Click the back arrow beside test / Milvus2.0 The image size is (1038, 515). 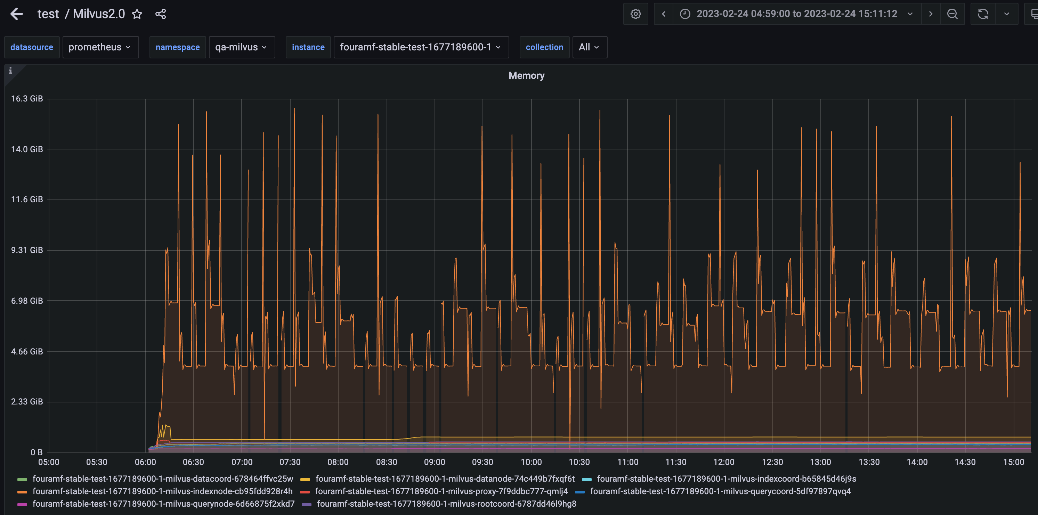click(17, 14)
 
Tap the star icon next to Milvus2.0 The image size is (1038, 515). click(137, 14)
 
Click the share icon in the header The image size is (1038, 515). click(160, 14)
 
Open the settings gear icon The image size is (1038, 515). click(635, 14)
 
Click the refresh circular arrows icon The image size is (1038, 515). click(982, 14)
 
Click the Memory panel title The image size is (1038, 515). click(526, 76)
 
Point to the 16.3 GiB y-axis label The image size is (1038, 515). click(27, 99)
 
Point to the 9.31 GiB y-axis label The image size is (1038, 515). click(27, 250)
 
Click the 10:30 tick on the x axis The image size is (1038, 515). click(579, 462)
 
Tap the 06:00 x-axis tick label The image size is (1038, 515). click(145, 462)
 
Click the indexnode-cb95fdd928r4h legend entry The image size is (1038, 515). click(162, 491)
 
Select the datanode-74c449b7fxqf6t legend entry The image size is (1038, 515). click(445, 479)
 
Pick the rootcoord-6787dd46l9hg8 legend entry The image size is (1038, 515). click(446, 504)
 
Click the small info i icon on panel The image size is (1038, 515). click(10, 71)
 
